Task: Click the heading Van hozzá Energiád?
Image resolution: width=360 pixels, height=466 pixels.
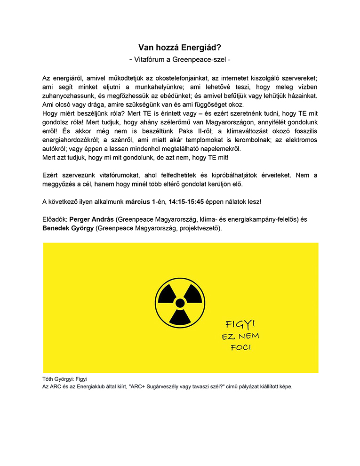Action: click(180, 48)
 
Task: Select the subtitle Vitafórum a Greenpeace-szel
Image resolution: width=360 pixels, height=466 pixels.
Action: click(180, 60)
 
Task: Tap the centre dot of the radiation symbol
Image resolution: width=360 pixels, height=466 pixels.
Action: click(180, 302)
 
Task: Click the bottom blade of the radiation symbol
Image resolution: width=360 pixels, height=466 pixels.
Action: click(180, 317)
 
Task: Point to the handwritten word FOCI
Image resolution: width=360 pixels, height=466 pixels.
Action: click(240, 348)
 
